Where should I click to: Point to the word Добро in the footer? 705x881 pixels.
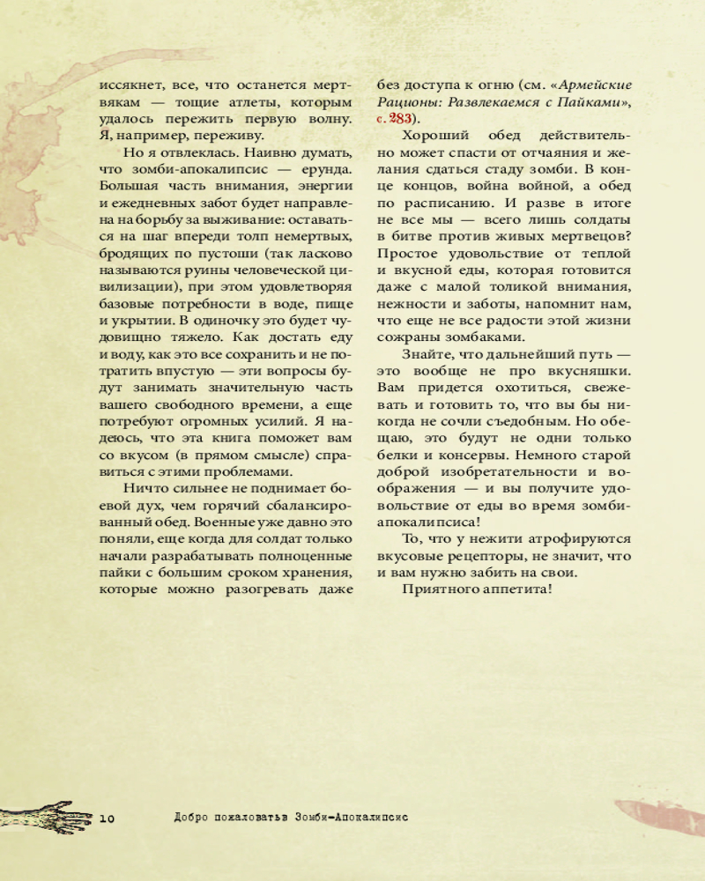(192, 817)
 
